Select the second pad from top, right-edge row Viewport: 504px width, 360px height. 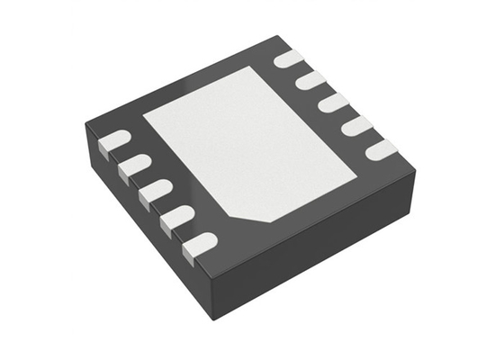click(311, 81)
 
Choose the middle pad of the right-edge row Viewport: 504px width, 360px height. click(334, 103)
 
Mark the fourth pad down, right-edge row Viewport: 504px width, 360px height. click(357, 125)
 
